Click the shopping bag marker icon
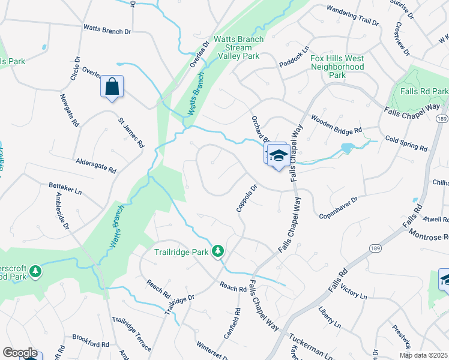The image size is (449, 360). pos(112,87)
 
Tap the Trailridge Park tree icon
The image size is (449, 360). pos(220,251)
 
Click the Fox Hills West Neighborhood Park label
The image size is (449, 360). pos(337,67)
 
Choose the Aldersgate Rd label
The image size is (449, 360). pos(96,166)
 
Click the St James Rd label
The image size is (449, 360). pos(131,133)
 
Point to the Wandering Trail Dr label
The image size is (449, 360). pos(352,16)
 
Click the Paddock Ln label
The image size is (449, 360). pos(294,56)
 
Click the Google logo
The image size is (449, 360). pos(20,353)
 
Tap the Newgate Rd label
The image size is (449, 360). pos(70,110)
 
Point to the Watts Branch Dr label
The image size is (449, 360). pos(107,29)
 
